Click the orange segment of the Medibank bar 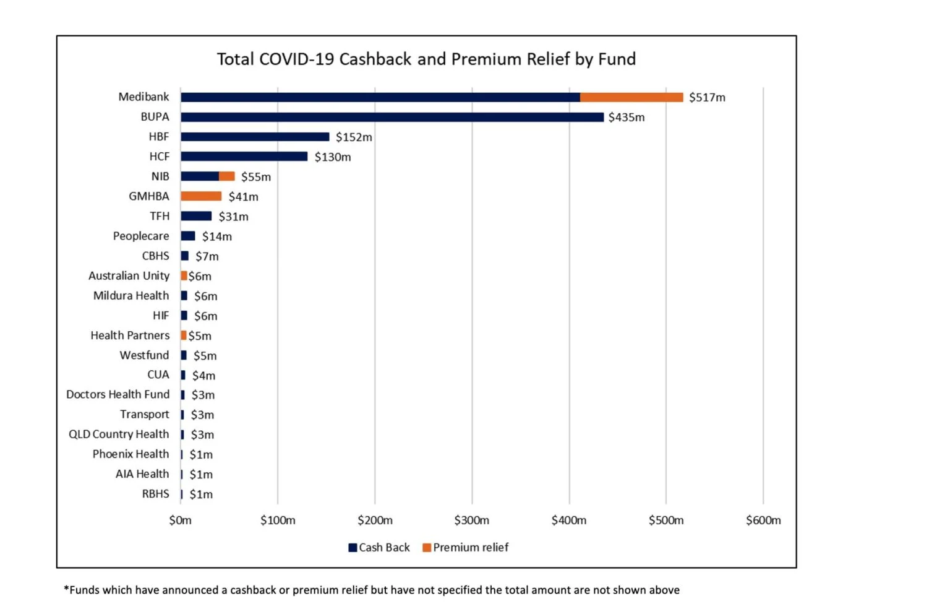[x=631, y=97]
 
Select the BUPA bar [x=392, y=117]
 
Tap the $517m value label [x=707, y=97]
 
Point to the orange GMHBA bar [x=201, y=196]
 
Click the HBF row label [x=159, y=137]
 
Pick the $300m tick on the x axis [x=471, y=521]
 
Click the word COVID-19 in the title [x=296, y=59]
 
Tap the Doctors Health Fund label [x=118, y=395]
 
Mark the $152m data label [x=354, y=137]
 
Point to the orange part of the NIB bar [x=227, y=176]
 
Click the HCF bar [x=244, y=157]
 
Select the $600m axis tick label [x=763, y=521]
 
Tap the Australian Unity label [x=129, y=276]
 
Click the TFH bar [x=196, y=216]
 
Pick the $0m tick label [x=180, y=521]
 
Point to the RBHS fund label [x=155, y=494]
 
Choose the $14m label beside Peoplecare [x=216, y=236]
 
